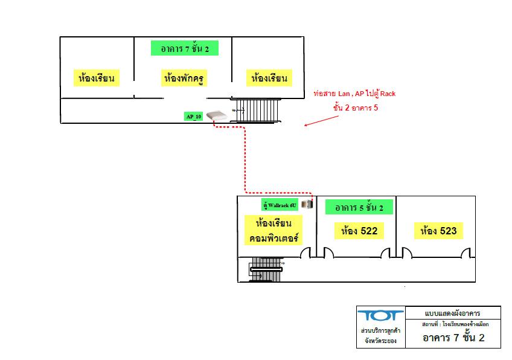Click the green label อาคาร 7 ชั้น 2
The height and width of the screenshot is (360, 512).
click(x=184, y=48)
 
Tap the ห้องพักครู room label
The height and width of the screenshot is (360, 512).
click(x=183, y=78)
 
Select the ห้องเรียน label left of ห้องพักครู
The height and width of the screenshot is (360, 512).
click(x=97, y=78)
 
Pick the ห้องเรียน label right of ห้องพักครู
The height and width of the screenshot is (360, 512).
click(x=269, y=78)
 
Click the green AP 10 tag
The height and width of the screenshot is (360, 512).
click(x=194, y=117)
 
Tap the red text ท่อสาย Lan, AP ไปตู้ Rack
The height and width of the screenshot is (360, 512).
click(x=354, y=94)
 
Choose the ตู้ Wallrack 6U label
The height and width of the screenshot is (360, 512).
click(x=279, y=205)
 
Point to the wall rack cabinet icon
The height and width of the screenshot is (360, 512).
click(x=307, y=205)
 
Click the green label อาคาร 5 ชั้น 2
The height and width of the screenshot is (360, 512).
click(x=359, y=208)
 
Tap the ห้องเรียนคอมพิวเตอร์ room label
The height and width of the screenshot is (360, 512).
click(x=275, y=230)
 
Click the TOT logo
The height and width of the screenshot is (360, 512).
click(x=377, y=317)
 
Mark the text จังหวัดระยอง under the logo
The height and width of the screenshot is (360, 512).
click(x=378, y=341)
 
